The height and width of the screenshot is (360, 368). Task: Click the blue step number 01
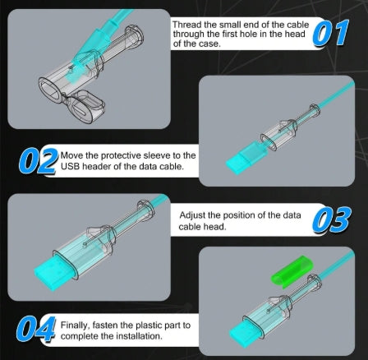tap(330, 33)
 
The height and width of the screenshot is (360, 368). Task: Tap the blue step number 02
tap(39, 161)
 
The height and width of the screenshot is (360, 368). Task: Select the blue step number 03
tap(332, 219)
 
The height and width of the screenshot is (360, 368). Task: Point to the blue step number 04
tap(36, 329)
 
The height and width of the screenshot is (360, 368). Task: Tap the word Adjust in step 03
tap(192, 215)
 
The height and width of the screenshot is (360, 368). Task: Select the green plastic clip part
tap(292, 271)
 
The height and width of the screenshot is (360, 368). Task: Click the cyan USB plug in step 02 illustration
tap(246, 157)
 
